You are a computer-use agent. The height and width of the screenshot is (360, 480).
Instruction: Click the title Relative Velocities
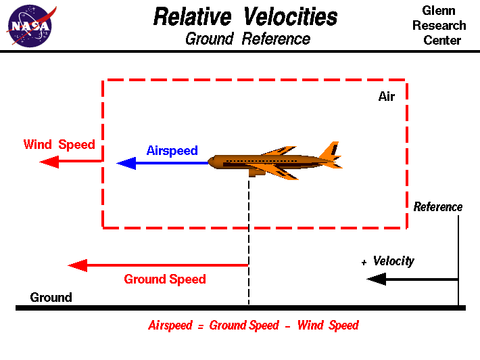click(x=245, y=16)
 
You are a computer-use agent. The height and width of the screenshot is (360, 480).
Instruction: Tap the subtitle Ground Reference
click(x=247, y=39)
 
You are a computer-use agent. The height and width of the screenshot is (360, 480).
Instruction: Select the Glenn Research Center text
click(x=443, y=26)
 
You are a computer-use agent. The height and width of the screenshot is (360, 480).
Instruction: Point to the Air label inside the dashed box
click(x=386, y=97)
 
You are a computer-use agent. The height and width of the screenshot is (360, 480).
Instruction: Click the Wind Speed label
click(x=59, y=144)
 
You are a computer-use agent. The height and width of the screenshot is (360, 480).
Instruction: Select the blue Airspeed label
click(x=172, y=150)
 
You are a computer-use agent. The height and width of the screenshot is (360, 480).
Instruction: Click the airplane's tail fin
click(x=331, y=150)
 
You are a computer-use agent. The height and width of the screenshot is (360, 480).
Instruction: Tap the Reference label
click(x=438, y=207)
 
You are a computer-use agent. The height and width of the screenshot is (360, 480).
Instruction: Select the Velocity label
click(x=393, y=261)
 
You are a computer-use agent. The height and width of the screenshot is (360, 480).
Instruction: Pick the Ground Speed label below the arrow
click(x=165, y=279)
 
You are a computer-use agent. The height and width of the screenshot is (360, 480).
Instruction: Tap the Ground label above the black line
click(x=51, y=297)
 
